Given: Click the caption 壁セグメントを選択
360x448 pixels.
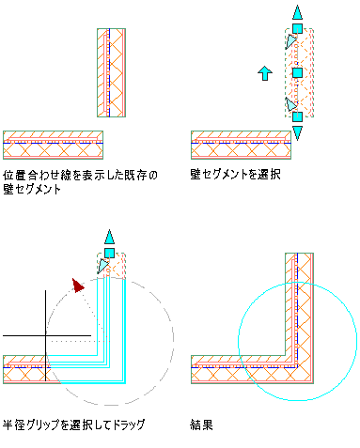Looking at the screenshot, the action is [235, 175].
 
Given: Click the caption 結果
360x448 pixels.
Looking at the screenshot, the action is [201, 425].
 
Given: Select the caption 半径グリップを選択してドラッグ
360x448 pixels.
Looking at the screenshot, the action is [74, 425].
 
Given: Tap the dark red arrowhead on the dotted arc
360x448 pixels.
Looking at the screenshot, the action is [78, 286].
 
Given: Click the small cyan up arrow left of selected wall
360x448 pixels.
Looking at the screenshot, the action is [265, 73].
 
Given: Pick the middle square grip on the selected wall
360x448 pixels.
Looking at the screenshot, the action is [297, 73].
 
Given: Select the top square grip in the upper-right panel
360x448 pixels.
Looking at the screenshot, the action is [297, 29].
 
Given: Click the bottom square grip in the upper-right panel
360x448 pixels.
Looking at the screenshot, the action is [297, 116].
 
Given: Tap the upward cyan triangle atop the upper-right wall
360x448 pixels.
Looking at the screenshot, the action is [297, 13].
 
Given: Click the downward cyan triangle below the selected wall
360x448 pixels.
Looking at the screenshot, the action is [297, 132].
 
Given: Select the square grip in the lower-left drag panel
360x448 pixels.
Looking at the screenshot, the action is [109, 253].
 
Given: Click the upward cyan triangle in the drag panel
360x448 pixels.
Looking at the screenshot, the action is [109, 237].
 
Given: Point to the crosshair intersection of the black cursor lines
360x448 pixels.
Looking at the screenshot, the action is [46, 335].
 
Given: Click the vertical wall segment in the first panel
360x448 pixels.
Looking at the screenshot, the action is [111, 73].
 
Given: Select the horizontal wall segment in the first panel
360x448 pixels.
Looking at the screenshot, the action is [53, 145].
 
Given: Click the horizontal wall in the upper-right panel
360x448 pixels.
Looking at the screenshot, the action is [241, 145].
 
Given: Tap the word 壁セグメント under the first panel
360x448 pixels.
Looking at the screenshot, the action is [32, 190].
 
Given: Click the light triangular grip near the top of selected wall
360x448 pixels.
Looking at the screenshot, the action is [290, 41].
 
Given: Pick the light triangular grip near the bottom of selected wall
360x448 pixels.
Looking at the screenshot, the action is [290, 104].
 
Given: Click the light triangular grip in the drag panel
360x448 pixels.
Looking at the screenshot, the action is [102, 266].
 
